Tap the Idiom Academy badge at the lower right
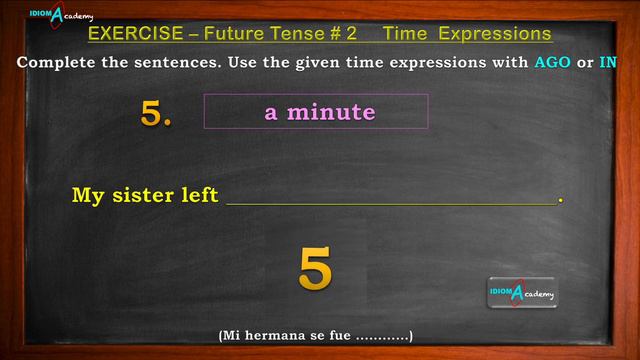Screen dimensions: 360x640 (x=522, y=292)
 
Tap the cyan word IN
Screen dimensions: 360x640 (x=608, y=62)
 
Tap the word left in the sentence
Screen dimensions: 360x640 (x=199, y=195)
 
